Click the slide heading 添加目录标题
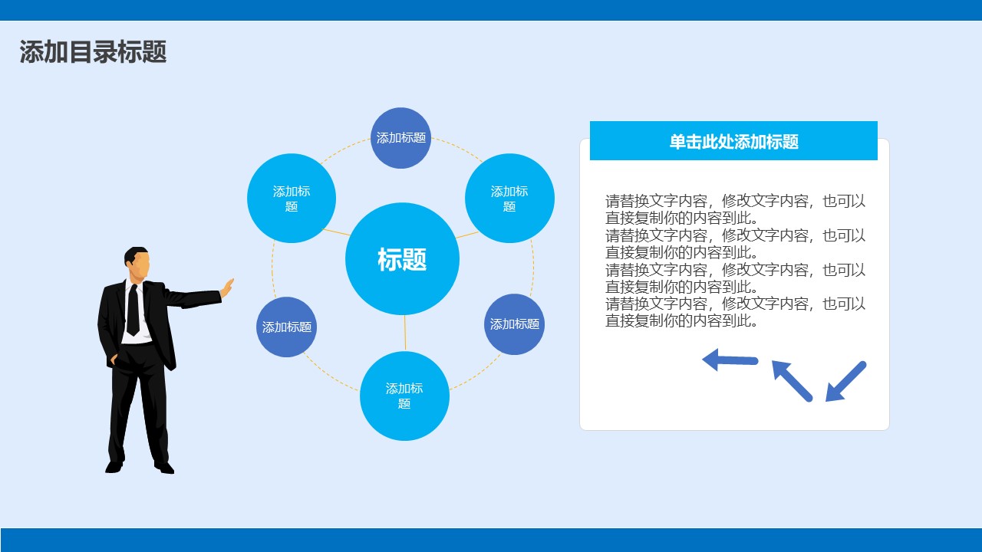pyautogui.click(x=93, y=52)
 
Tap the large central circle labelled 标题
pyautogui.click(x=402, y=259)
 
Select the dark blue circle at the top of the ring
pyautogui.click(x=400, y=138)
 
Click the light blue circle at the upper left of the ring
pyautogui.click(x=292, y=199)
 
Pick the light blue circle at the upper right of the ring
pyautogui.click(x=509, y=199)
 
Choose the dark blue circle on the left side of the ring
pyautogui.click(x=286, y=327)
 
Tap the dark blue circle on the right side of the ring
pyautogui.click(x=514, y=324)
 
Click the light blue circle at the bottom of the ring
pyautogui.click(x=404, y=396)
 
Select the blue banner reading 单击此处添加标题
pyautogui.click(x=733, y=141)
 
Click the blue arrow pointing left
pyautogui.click(x=729, y=360)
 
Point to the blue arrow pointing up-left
pyautogui.click(x=791, y=380)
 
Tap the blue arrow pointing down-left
pyautogui.click(x=845, y=381)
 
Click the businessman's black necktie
pyautogui.click(x=133, y=308)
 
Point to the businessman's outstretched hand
pyautogui.click(x=227, y=288)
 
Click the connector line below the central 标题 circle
pyautogui.click(x=404, y=333)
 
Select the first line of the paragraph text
pyautogui.click(x=735, y=202)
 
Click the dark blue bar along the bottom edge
pyautogui.click(x=491, y=540)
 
